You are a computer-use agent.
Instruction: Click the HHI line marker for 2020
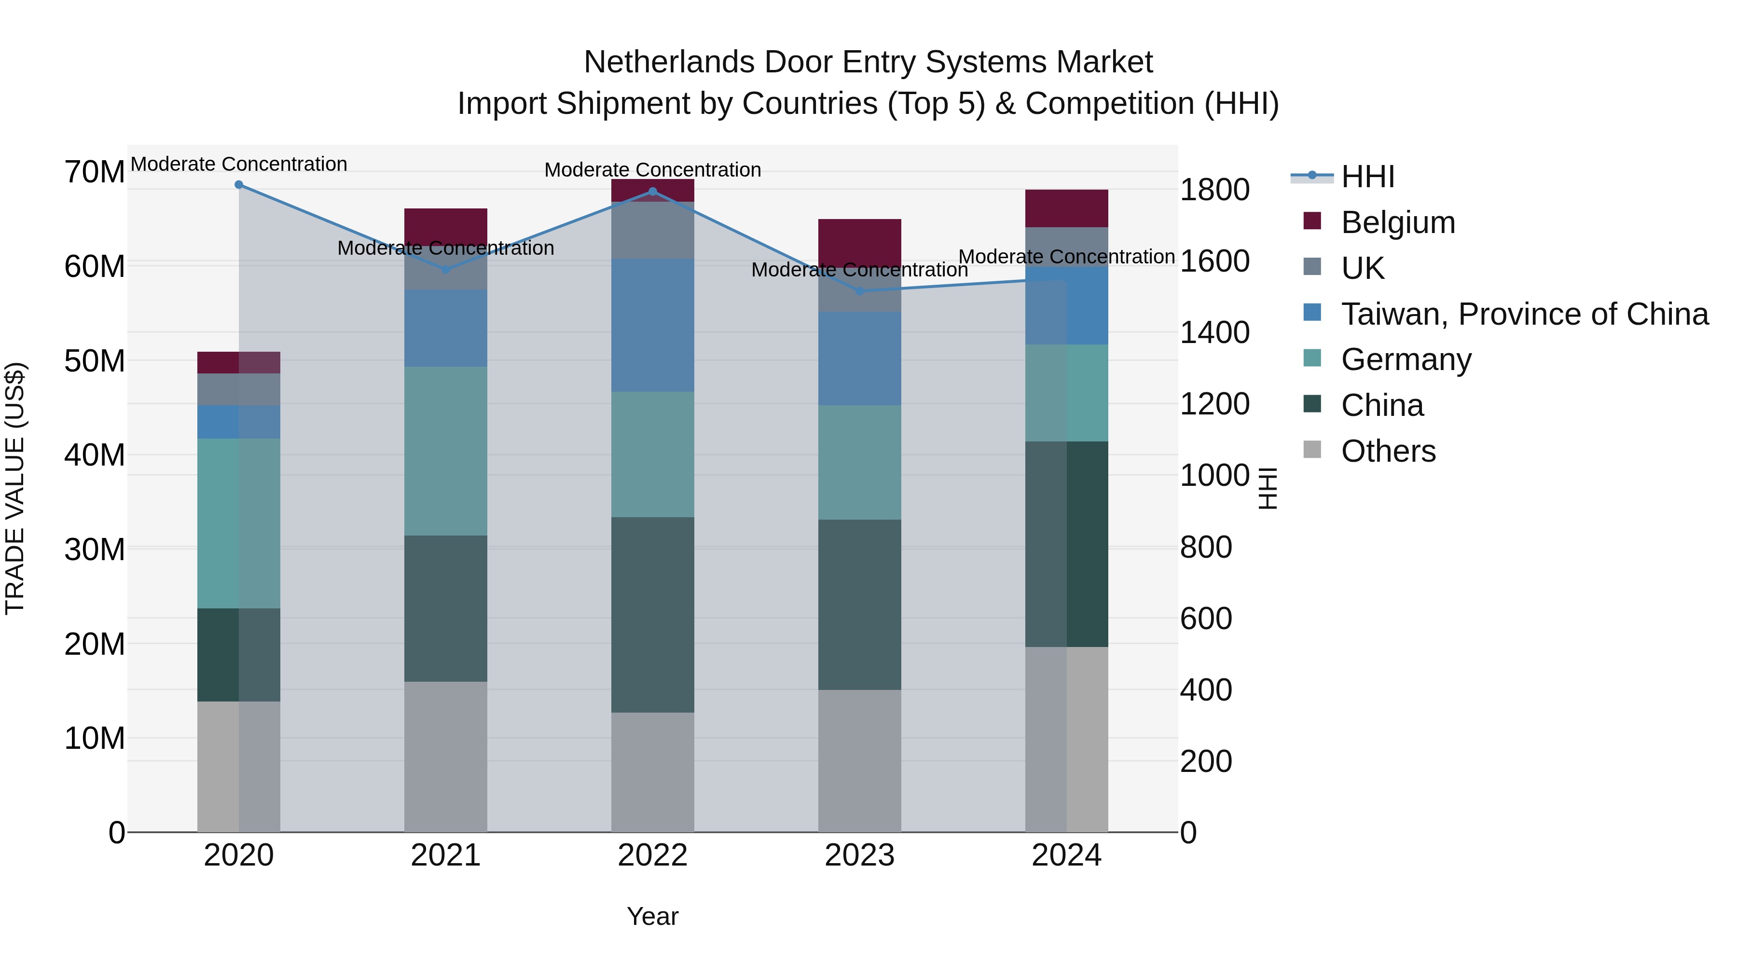coord(239,185)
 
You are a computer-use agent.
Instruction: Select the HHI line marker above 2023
coord(859,291)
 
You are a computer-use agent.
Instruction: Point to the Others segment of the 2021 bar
coord(446,756)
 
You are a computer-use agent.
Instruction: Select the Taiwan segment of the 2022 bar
coord(652,325)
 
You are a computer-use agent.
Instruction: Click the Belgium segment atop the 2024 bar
coord(1066,208)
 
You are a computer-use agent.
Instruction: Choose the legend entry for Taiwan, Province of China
coord(1524,314)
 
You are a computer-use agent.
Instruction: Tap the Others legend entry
coord(1388,451)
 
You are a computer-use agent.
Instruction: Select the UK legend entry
coord(1362,268)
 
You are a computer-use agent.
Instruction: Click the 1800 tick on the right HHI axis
coord(1214,190)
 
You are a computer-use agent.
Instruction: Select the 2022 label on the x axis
coord(652,855)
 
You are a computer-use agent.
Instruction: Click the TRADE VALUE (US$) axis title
coord(15,488)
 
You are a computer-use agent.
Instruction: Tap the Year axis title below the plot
coord(652,916)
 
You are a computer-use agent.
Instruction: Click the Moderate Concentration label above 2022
coord(652,170)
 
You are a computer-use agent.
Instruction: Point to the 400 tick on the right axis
coord(1206,690)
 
